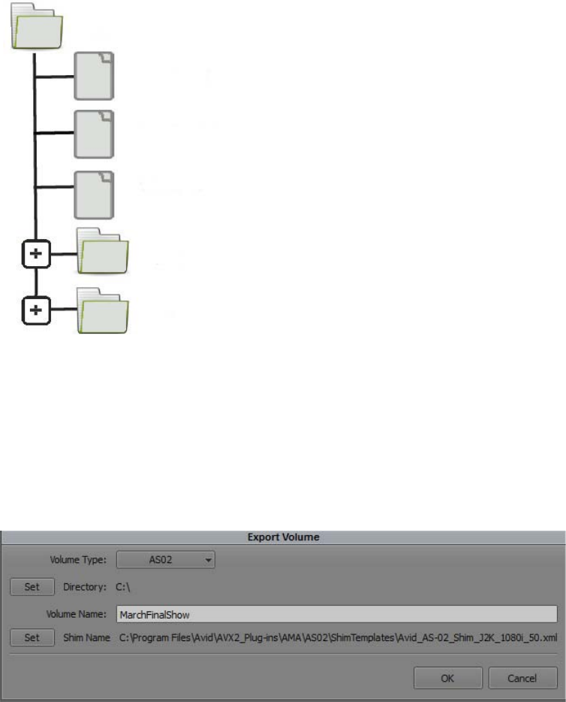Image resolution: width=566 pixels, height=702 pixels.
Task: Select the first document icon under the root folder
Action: (x=94, y=76)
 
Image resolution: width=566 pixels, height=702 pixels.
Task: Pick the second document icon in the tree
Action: (x=94, y=135)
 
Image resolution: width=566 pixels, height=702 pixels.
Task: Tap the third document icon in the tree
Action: (x=94, y=194)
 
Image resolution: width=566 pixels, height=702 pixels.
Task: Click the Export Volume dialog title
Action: (x=283, y=538)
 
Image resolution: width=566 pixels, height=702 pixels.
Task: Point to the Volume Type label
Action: (x=79, y=559)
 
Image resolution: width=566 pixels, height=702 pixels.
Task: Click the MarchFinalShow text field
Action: (x=336, y=614)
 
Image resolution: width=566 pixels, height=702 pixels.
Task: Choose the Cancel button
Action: (x=522, y=678)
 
